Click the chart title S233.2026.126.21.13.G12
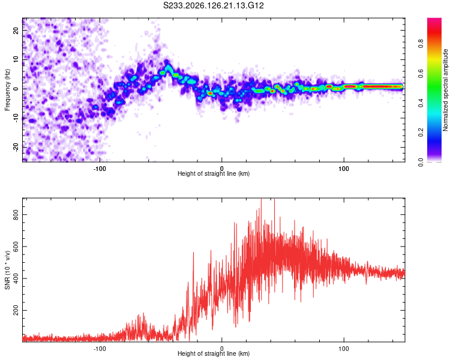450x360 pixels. (x=213, y=5)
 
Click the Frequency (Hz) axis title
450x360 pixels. (x=7, y=90)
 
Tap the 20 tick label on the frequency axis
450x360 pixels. (x=16, y=30)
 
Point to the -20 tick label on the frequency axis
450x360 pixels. (x=16, y=148)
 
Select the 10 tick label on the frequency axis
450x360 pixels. (x=16, y=59)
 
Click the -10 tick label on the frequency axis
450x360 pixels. (x=16, y=118)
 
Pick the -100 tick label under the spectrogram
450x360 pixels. (x=100, y=169)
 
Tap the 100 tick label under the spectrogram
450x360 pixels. (x=344, y=169)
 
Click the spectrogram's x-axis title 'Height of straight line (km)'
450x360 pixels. (x=214, y=173)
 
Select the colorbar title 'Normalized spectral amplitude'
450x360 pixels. (x=445, y=90)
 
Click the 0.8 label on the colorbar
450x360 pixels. (x=421, y=44)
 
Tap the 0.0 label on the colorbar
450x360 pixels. (x=421, y=163)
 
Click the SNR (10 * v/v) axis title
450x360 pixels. (x=7, y=270)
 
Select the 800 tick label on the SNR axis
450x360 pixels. (x=16, y=214)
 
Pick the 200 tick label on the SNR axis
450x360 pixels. (x=16, y=310)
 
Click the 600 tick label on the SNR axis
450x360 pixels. (x=16, y=247)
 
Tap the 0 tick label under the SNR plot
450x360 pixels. (x=221, y=349)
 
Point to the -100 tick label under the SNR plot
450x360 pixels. (x=100, y=349)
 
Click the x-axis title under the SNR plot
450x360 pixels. (x=214, y=353)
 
